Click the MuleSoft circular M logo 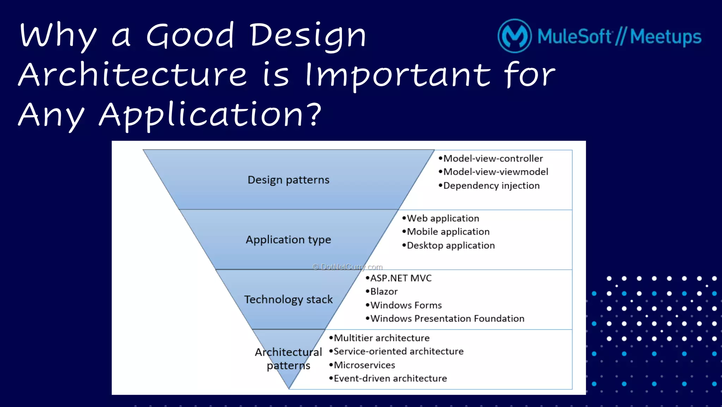[514, 36]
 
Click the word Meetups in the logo [666, 37]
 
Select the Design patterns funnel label [288, 180]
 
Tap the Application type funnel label [288, 240]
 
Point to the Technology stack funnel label [288, 299]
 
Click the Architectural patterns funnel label [288, 359]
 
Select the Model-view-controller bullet [492, 158]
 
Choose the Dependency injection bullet [491, 186]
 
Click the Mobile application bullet [448, 232]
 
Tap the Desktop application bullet [451, 245]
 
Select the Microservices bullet [364, 365]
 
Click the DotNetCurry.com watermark [348, 267]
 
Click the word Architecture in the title [133, 74]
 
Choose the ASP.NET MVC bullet [400, 278]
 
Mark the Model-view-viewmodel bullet [495, 172]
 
